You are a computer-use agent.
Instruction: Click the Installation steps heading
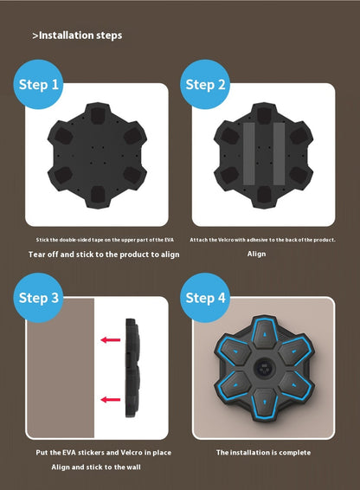pos(77,35)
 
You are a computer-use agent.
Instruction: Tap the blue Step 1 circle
pos(38,84)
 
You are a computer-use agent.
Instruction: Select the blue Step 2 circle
pos(205,84)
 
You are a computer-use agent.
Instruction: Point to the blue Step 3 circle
pos(38,298)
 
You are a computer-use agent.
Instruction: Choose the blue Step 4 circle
pos(205,298)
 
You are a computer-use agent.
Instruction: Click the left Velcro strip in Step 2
pos(248,153)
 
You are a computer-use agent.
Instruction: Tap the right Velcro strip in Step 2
pos(279,153)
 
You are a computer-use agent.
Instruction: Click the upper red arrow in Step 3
pos(111,339)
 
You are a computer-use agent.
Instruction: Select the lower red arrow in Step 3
pos(111,399)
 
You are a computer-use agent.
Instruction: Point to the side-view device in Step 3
pos(132,368)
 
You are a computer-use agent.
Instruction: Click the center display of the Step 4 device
pos(265,367)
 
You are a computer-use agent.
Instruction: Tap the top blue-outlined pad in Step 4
pos(265,333)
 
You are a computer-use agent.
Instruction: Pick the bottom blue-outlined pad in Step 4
pos(265,403)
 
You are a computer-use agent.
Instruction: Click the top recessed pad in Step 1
pos(98,115)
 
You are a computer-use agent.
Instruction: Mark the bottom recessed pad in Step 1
pos(98,194)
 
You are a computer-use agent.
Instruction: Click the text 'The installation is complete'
pos(263,453)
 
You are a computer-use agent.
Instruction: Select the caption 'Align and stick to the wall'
pos(96,467)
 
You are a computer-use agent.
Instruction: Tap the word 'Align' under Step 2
pos(256,254)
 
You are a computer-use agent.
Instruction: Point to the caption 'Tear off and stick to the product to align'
pos(104,255)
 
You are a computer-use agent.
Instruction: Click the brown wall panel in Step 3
pos(61,368)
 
